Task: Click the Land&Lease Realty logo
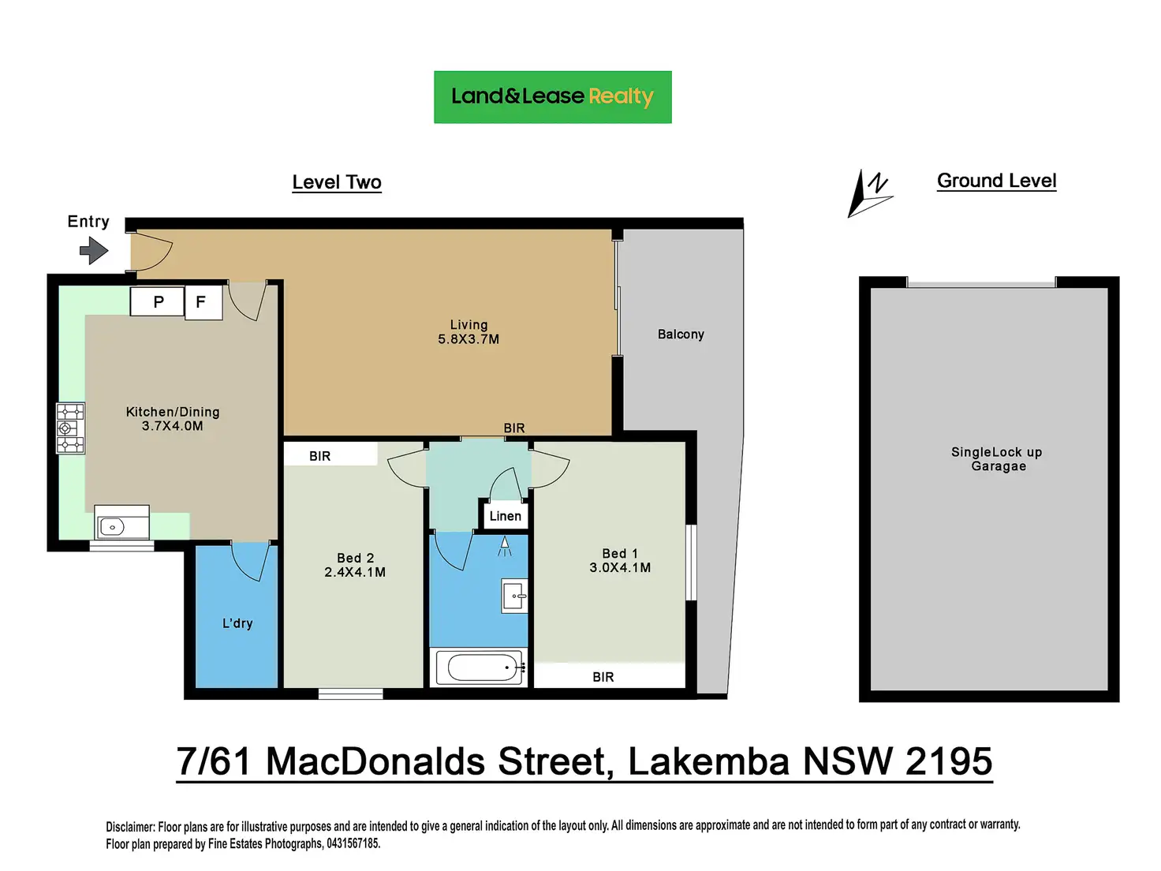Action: [x=552, y=97]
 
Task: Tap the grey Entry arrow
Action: [x=94, y=250]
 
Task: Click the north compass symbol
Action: [x=869, y=193]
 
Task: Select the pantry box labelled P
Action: [x=157, y=301]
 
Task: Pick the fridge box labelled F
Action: [x=203, y=302]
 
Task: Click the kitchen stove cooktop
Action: [x=70, y=428]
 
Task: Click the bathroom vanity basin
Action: [x=514, y=596]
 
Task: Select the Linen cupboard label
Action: [x=505, y=516]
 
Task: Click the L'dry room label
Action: [x=237, y=623]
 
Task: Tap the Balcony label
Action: [x=681, y=335]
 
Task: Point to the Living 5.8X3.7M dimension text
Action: [x=469, y=339]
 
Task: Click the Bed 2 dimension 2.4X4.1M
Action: [x=355, y=572]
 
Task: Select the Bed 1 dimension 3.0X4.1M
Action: [x=620, y=567]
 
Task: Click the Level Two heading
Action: [x=337, y=182]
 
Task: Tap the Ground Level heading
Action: [x=996, y=181]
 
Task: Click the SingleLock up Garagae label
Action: [x=996, y=459]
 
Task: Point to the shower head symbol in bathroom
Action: [x=505, y=546]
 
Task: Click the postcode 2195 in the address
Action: [x=949, y=762]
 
